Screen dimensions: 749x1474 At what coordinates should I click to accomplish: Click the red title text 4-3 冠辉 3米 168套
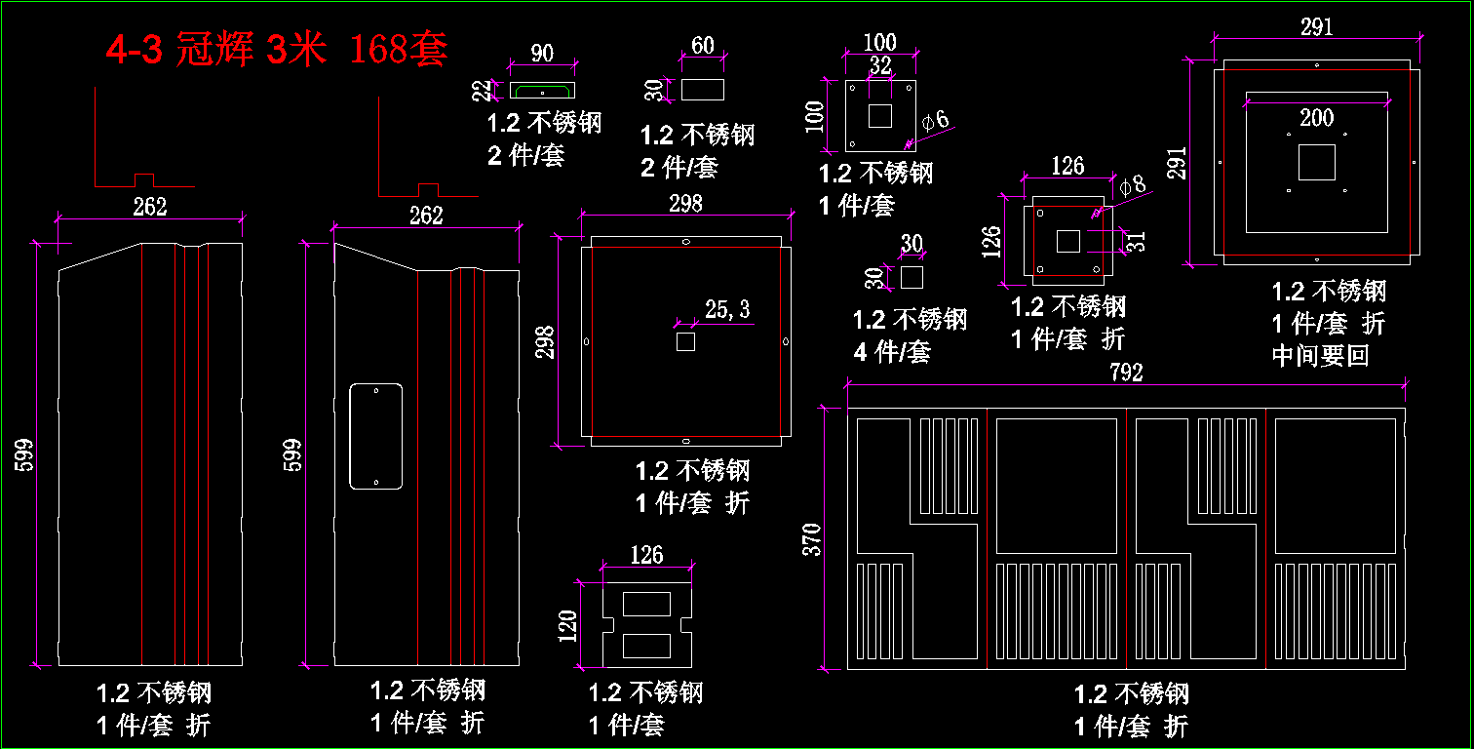coord(277,50)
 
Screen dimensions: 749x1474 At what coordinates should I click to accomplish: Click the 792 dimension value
coord(1126,372)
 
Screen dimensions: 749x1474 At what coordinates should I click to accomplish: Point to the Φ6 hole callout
coord(935,121)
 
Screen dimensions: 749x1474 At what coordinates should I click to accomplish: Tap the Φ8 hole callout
coord(1133,185)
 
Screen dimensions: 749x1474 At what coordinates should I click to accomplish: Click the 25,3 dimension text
coord(727,310)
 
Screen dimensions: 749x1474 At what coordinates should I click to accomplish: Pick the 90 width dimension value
coord(542,54)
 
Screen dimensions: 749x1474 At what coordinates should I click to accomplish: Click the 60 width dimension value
coord(702,46)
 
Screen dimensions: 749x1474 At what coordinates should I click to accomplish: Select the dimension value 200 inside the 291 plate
coord(1317,118)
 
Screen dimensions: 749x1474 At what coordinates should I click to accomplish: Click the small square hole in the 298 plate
coord(685,341)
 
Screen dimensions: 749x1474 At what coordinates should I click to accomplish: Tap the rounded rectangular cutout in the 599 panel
coord(376,436)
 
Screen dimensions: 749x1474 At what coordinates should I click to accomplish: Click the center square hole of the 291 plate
coord(1317,162)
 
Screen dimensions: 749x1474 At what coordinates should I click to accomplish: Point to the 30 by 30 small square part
coord(912,277)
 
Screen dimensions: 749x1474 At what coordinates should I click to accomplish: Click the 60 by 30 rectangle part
coord(702,90)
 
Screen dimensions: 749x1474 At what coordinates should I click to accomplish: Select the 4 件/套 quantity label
coord(892,351)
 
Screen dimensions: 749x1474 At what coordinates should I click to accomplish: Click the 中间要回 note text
coord(1321,355)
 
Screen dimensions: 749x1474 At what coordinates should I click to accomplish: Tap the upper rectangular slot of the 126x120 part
coord(646,604)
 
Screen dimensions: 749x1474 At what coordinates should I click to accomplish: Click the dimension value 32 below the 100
coord(880,66)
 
